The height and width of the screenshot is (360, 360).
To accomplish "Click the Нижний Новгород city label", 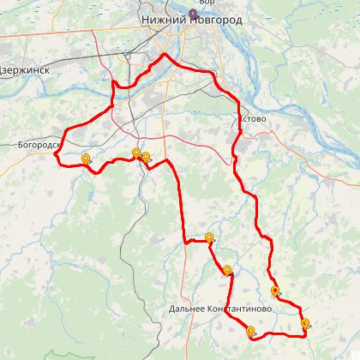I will click(x=191, y=20).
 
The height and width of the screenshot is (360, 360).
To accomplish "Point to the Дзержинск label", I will click(x=25, y=70).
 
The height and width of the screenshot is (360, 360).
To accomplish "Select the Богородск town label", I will click(x=38, y=145).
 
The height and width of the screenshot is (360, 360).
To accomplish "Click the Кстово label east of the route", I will click(x=255, y=119).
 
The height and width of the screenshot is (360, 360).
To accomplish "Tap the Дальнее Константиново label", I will click(x=220, y=308).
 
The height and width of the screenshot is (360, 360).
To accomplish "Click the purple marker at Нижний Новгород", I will click(x=194, y=13).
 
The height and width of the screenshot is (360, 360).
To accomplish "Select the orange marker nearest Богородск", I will click(x=86, y=159).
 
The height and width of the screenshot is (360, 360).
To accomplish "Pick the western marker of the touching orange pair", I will click(x=136, y=153).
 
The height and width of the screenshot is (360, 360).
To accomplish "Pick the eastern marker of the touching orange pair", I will click(x=146, y=157).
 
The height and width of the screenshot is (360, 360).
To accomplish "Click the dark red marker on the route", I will click(x=274, y=291).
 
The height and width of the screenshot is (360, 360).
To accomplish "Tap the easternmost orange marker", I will click(x=305, y=323).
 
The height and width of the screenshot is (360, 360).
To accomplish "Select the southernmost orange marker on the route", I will click(x=250, y=331).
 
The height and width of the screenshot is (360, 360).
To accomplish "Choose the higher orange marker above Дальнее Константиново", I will click(x=209, y=237).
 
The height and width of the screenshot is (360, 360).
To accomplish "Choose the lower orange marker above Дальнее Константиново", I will click(x=227, y=271).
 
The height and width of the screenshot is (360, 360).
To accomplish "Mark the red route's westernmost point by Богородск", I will click(x=58, y=147).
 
